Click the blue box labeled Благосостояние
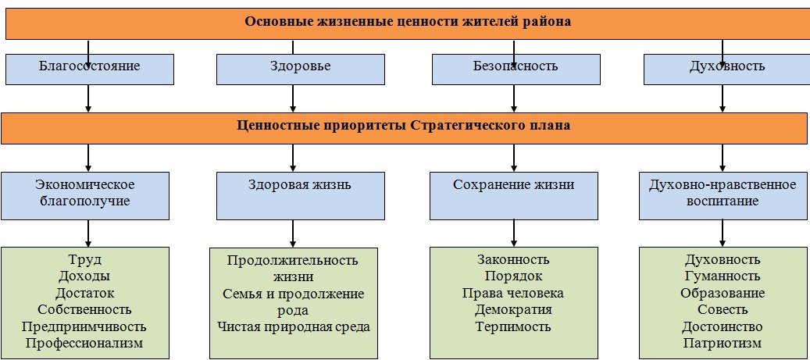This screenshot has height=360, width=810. point(89,67)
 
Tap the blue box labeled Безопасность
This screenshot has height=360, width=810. point(513,67)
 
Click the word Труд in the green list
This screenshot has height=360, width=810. point(86,260)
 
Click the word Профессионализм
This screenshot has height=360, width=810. point(85,343)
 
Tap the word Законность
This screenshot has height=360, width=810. point(513,260)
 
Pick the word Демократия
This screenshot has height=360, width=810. point(513,310)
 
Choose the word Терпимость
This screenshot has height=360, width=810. point(513,326)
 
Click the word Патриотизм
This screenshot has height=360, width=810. point(723,343)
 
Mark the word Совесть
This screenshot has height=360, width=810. point(723,310)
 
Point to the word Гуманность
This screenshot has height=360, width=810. point(723,276)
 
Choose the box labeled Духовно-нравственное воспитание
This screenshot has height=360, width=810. point(723,194)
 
